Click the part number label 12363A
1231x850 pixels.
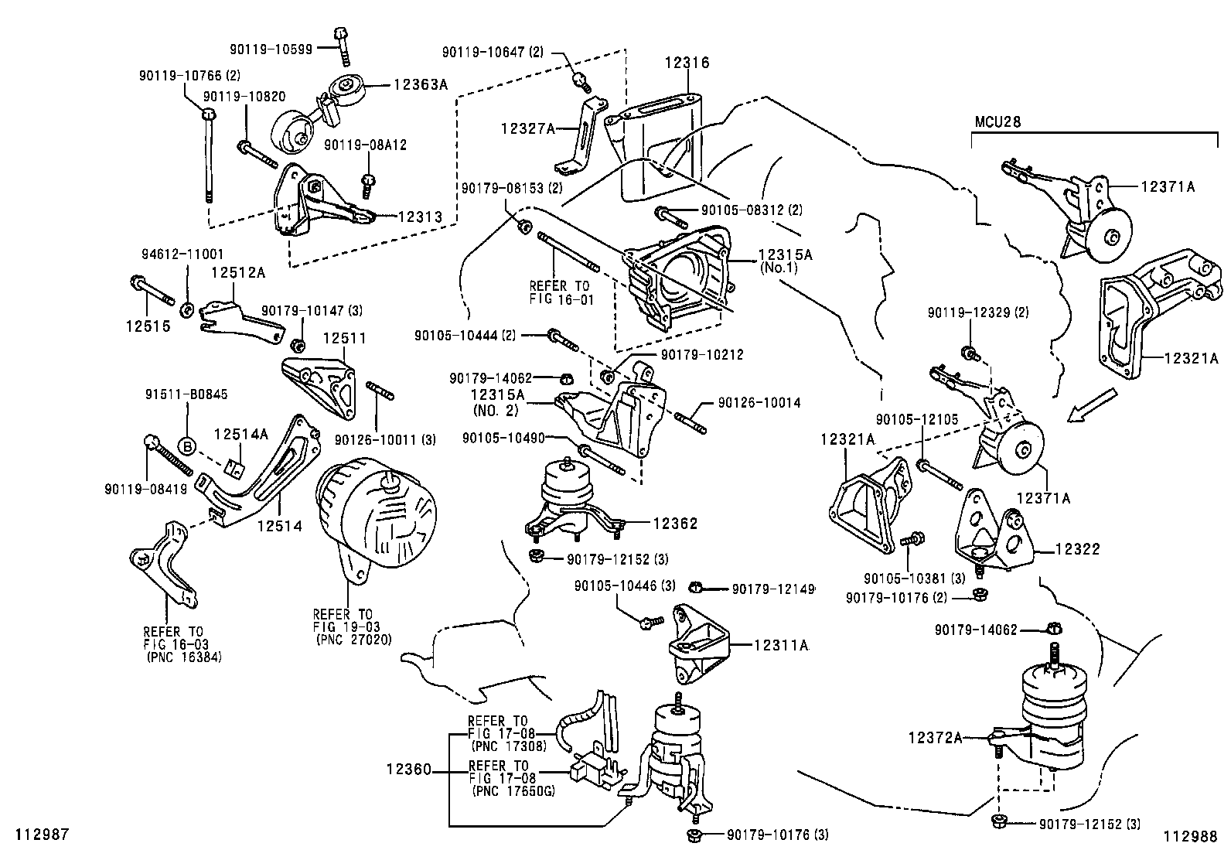421,85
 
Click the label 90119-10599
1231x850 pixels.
271,49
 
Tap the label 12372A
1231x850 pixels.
935,738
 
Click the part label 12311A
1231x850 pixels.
781,644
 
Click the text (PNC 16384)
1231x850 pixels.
184,657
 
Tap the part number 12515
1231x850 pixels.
148,326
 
